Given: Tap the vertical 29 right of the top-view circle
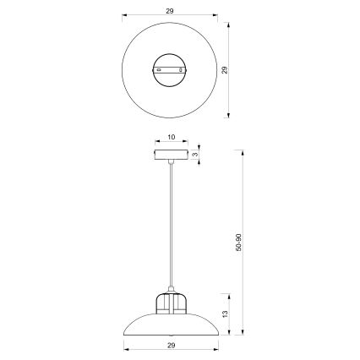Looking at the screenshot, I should coord(225,71).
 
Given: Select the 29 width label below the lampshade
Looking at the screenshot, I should coord(172,346).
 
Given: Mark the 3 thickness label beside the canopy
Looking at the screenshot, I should coord(195,155).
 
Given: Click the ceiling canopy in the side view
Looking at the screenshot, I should coord(172,155).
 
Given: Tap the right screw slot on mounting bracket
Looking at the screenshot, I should coord(186,70).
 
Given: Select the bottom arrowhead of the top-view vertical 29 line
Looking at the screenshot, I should coord(232,117).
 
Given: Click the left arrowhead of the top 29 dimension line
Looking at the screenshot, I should coord(124,14).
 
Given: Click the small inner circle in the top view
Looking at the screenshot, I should coord(172,70).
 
